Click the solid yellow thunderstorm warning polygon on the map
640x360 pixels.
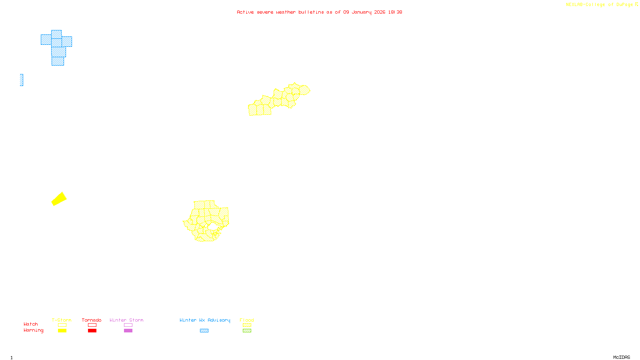[59, 199]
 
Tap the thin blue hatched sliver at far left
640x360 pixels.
[22, 80]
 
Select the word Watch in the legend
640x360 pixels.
[31, 324]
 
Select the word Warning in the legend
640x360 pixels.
[34, 330]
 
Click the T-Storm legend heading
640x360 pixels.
[62, 320]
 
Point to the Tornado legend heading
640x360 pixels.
[92, 320]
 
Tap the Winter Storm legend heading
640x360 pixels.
[126, 320]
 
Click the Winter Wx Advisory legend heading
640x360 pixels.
[205, 320]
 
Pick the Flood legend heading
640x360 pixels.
[247, 320]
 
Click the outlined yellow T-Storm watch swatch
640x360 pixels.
[62, 325]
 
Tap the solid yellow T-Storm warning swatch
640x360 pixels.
[62, 331]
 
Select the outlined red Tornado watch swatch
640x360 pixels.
[92, 325]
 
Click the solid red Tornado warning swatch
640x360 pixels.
[92, 331]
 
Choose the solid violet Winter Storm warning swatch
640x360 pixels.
[128, 331]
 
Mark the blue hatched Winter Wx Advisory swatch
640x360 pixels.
[204, 331]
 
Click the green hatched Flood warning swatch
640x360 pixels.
[247, 331]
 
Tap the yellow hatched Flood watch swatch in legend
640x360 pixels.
[247, 325]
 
